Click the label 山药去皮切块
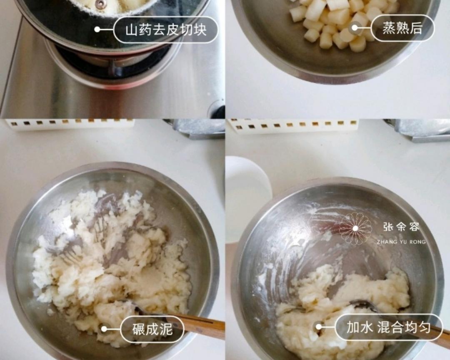pos(166,30)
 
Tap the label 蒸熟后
pos(402,28)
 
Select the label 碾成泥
pos(152,329)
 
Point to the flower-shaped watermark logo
pos(355,228)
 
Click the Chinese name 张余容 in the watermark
pos(401,227)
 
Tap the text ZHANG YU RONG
pos(401,242)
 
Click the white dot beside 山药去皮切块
pos(97,30)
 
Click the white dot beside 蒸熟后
pos(355,28)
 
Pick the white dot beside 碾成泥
pos(104,329)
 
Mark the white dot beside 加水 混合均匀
pos(319,327)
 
